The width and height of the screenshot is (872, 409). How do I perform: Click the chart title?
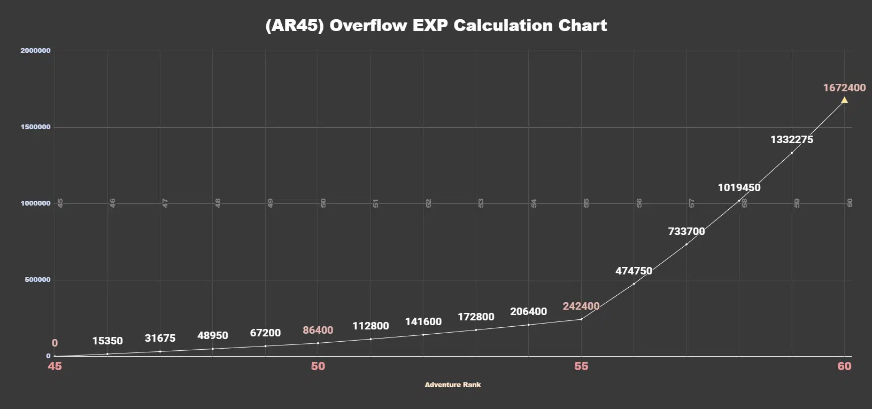436,26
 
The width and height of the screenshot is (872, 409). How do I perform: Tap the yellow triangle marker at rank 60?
844,100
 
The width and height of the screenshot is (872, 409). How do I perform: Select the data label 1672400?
844,88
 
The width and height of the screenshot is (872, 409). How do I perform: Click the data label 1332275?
791,139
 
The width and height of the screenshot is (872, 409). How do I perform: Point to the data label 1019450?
739,187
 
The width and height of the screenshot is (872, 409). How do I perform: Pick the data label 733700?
686,231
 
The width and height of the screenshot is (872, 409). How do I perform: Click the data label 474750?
634,271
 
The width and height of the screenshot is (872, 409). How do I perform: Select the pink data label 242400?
581,306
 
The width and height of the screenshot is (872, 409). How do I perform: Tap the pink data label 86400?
318,330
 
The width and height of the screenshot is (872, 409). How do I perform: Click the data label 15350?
107,341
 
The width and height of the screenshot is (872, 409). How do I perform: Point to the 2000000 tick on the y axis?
35,51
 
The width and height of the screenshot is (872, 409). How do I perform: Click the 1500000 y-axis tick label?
35,127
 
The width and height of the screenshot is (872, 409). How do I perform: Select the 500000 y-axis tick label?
37,280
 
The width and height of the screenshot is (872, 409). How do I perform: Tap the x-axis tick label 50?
318,366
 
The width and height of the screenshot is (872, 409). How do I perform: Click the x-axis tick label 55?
581,366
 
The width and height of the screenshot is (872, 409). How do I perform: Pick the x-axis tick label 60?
844,366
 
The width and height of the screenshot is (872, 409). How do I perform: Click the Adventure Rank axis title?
453,384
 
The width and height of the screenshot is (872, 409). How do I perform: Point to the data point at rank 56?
634,284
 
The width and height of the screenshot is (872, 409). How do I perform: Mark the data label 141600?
423,321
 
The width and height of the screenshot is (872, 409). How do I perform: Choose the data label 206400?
528,311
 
